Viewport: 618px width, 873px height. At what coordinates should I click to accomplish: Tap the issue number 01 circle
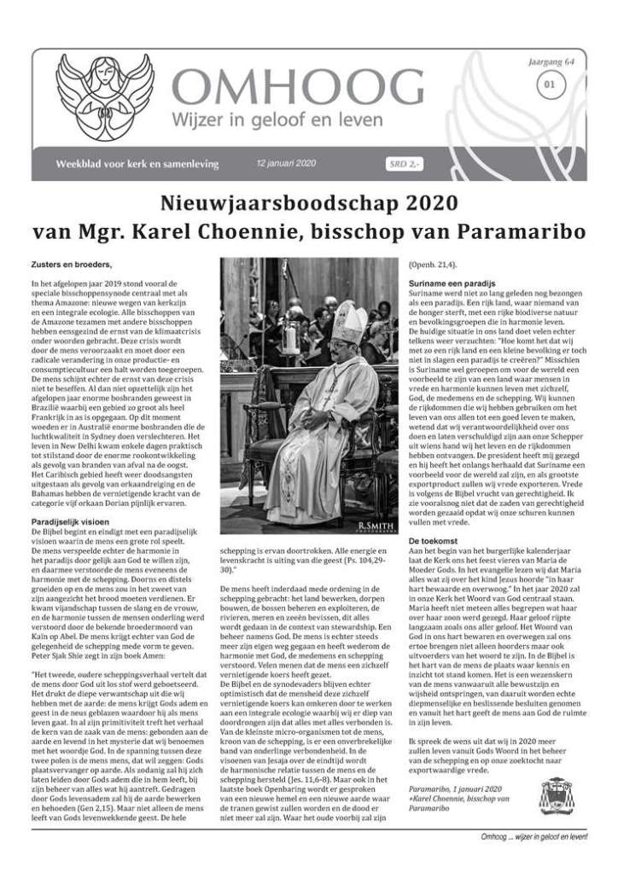(549, 84)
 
